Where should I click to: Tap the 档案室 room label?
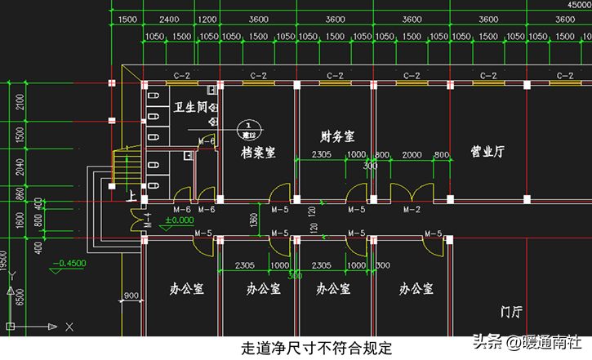258,152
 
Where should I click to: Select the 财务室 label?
336,136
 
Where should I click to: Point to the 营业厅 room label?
487,151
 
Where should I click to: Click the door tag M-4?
149,218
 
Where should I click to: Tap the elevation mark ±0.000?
179,220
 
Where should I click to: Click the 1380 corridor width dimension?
253,220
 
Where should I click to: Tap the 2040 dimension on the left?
20,166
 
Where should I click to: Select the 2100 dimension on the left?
20,100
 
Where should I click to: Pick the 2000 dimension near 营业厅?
412,155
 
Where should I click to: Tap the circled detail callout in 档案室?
251,128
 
